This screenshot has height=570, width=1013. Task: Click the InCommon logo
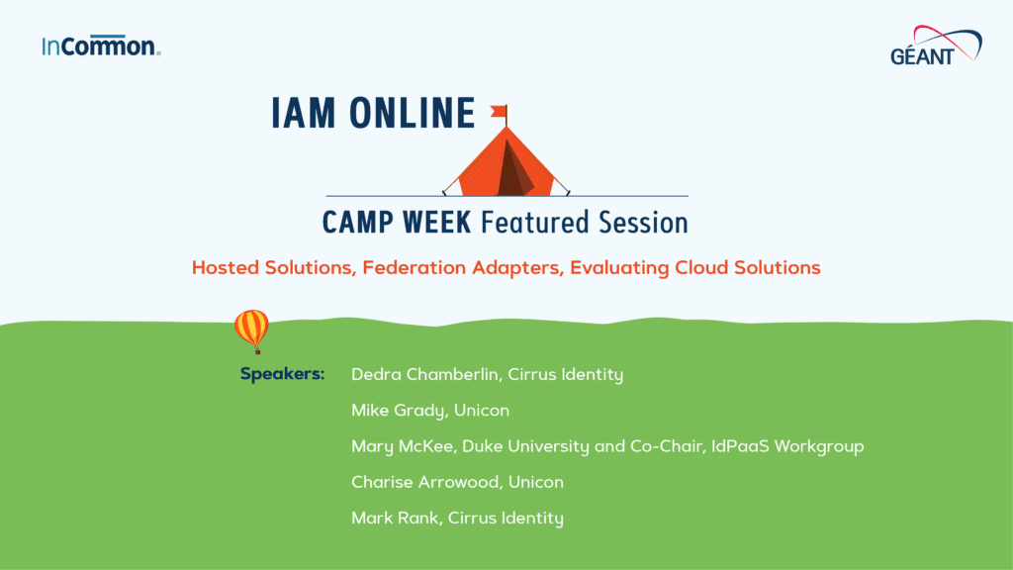pos(101,46)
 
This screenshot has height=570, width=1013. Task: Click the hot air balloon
pos(251,330)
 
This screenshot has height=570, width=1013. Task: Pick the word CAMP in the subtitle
pos(358,221)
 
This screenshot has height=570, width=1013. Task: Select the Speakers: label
pos(282,375)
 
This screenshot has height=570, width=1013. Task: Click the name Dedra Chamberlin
pos(423,375)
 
